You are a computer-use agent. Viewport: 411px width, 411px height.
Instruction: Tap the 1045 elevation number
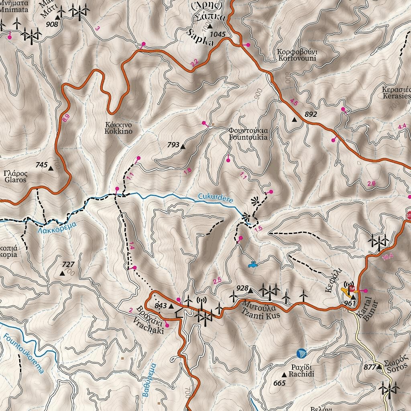pyautogui.click(x=218, y=34)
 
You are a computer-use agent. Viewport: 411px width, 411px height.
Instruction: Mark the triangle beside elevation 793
pyautogui.click(x=183, y=146)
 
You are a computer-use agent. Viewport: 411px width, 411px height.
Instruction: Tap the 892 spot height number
pyautogui.click(x=311, y=114)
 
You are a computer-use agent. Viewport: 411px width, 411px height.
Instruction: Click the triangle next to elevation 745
pyautogui.click(x=51, y=168)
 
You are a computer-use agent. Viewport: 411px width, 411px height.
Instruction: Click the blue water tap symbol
pyautogui.click(x=253, y=265)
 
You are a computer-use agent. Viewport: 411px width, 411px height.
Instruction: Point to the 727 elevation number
pyautogui.click(x=69, y=265)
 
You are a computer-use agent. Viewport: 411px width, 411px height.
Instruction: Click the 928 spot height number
pyautogui.click(x=242, y=288)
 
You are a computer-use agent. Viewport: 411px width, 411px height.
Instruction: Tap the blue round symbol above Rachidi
pyautogui.click(x=301, y=353)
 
